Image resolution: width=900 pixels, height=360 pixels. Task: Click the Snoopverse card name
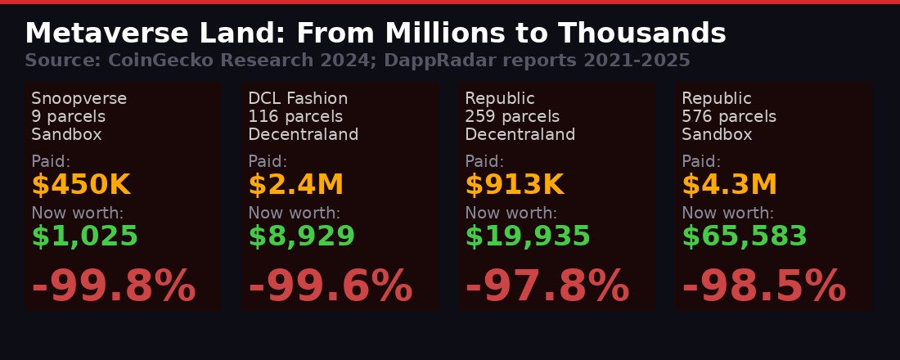(79, 99)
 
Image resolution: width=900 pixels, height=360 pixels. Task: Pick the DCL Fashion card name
(298, 99)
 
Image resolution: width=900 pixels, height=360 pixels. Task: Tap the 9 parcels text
(68, 117)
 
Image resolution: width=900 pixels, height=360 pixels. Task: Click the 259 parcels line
(512, 117)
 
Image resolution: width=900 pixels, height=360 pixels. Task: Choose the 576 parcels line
(729, 117)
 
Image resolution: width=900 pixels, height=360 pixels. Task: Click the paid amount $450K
(80, 186)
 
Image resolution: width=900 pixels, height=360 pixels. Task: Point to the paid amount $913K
(514, 186)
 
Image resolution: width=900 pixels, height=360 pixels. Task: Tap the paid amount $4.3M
(729, 186)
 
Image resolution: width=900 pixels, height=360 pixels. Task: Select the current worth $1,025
(84, 237)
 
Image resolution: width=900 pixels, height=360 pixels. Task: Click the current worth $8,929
(301, 237)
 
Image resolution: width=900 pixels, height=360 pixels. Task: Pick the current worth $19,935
(528, 237)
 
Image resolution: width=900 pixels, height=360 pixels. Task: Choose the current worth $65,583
(745, 237)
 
